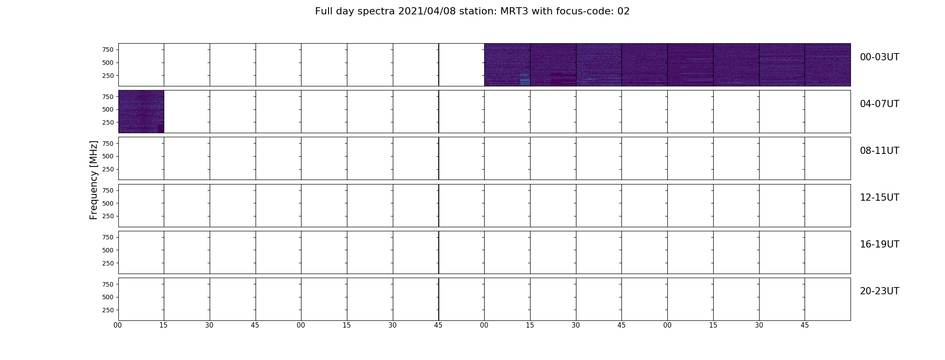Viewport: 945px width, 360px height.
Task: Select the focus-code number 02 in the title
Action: click(x=623, y=11)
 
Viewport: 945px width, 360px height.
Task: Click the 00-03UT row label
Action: click(x=879, y=57)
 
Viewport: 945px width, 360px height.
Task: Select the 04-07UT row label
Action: click(x=879, y=104)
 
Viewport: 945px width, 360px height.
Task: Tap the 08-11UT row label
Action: click(x=879, y=151)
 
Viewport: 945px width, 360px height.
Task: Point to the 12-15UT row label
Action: click(x=879, y=198)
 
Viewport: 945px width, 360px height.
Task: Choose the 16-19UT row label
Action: click(x=879, y=244)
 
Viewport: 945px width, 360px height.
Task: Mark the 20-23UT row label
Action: click(x=879, y=291)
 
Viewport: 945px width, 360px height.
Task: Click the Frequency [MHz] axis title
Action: click(x=94, y=180)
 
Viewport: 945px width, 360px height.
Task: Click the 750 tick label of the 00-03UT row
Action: click(x=108, y=49)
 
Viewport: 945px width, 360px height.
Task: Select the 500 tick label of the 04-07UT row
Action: click(x=108, y=109)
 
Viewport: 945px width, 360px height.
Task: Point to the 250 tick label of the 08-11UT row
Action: click(x=108, y=169)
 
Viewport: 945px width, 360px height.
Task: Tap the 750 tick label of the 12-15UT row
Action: click(x=108, y=190)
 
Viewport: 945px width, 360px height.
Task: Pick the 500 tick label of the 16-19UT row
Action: click(x=108, y=250)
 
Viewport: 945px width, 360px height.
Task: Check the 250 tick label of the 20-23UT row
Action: click(x=108, y=310)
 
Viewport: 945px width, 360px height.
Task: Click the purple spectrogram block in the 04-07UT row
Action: click(x=141, y=112)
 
